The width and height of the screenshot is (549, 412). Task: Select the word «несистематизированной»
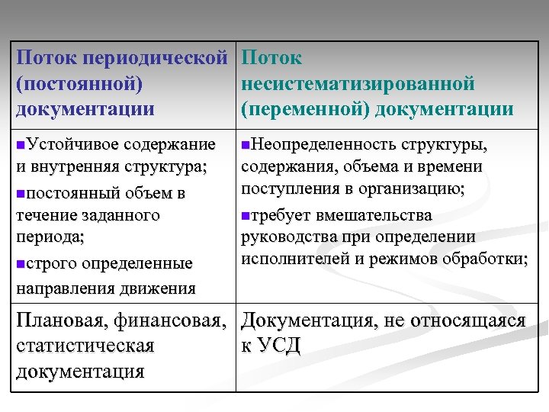coord(358,83)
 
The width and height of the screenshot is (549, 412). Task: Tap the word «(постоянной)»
coord(81,83)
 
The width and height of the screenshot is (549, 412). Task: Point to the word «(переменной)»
coord(304,108)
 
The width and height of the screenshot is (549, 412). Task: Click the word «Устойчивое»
coord(70,144)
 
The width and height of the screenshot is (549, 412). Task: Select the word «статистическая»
coord(85,346)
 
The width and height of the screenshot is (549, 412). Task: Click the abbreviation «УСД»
coord(279,346)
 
